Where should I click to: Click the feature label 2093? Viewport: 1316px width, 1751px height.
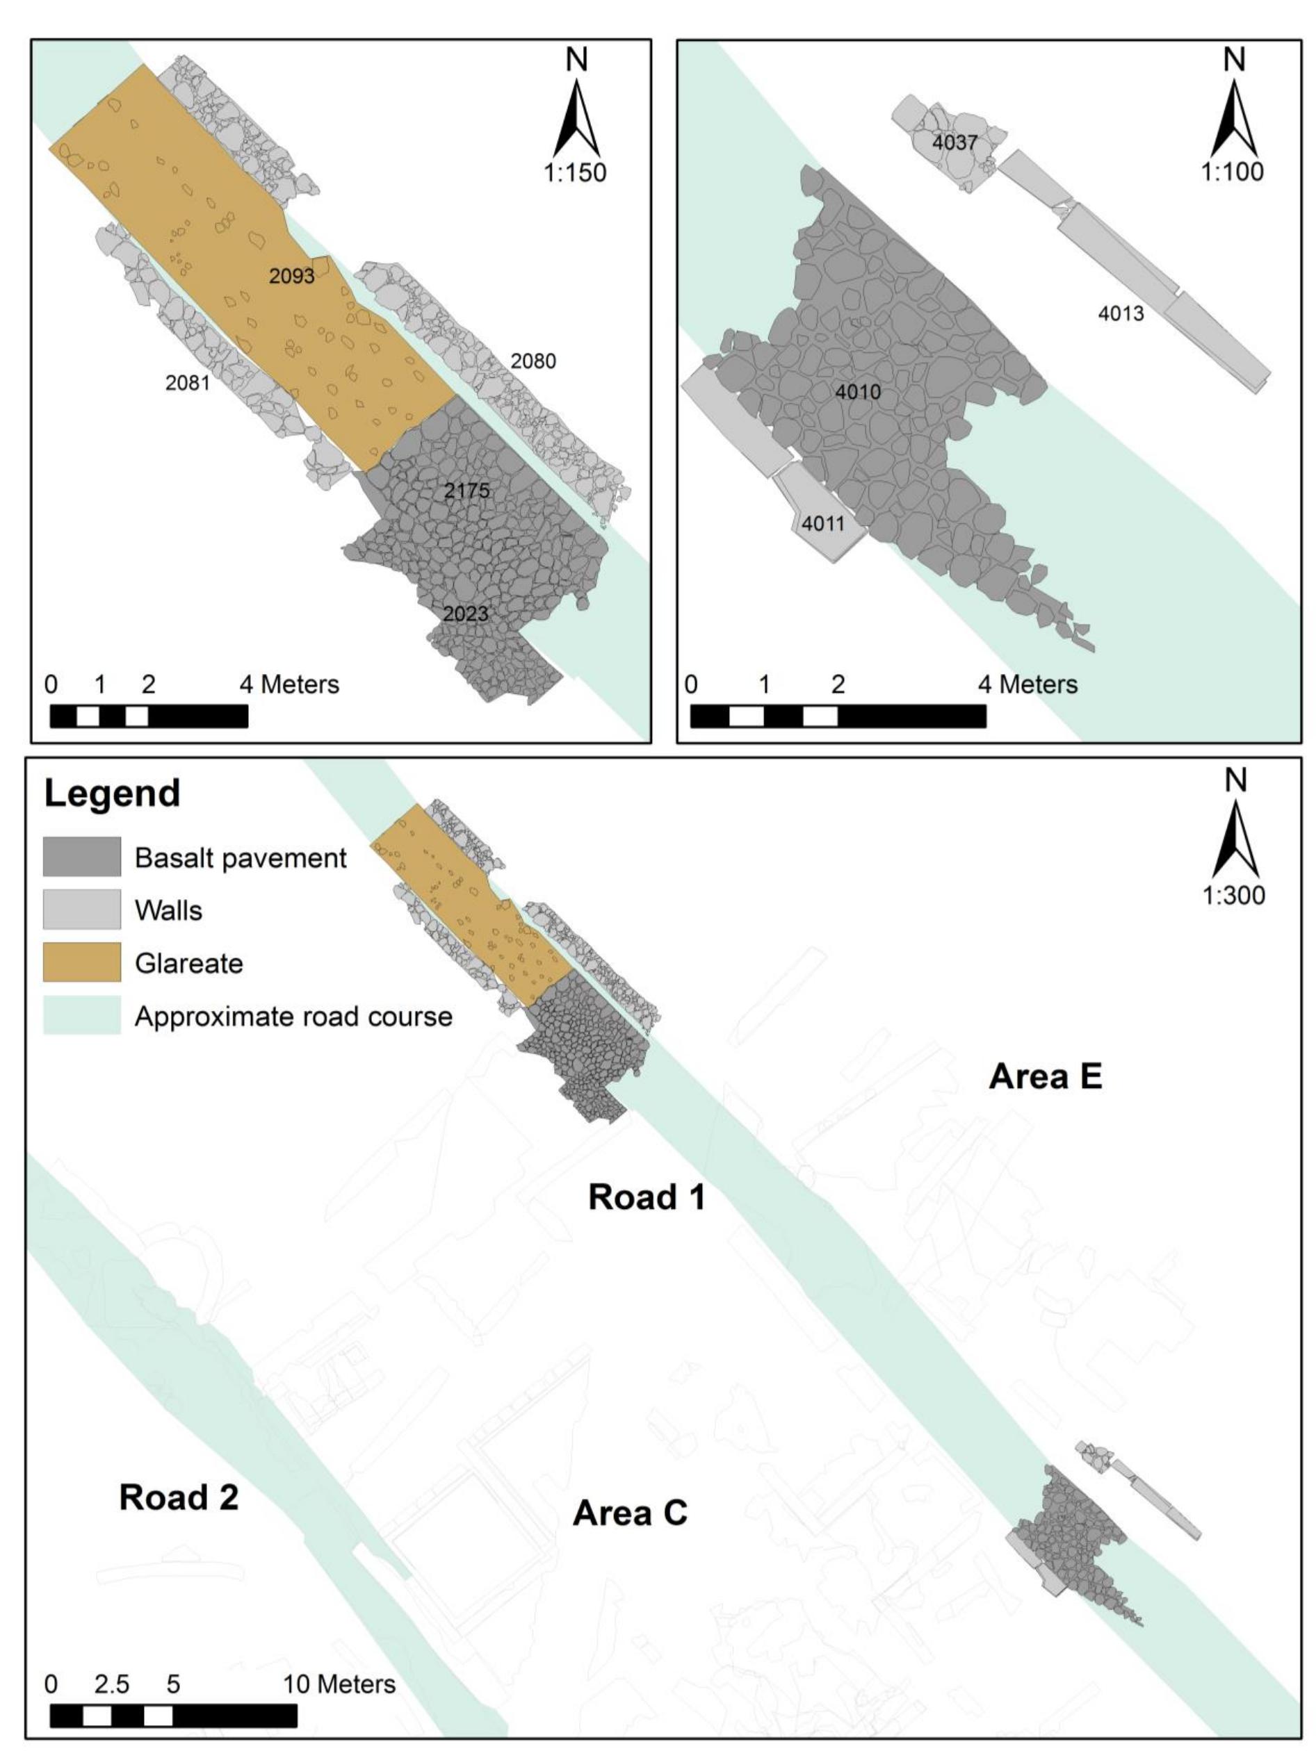click(x=291, y=277)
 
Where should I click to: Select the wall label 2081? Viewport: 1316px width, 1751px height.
click(x=188, y=383)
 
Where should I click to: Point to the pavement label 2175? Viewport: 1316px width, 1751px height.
click(x=466, y=491)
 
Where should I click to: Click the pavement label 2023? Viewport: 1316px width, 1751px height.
click(x=466, y=614)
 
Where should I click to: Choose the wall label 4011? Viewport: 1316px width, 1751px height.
click(x=822, y=524)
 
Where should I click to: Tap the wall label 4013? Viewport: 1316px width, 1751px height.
click(x=1121, y=314)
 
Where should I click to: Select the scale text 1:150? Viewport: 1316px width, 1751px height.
click(x=575, y=172)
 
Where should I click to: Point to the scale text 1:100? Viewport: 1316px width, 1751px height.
click(x=1233, y=172)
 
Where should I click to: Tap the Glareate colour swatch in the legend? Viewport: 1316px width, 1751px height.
click(x=81, y=962)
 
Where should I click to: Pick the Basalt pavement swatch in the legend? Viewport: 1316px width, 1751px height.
click(x=81, y=857)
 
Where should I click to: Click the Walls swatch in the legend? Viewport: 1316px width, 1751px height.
click(x=81, y=910)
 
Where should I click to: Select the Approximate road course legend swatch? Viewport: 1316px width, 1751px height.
click(x=81, y=1015)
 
